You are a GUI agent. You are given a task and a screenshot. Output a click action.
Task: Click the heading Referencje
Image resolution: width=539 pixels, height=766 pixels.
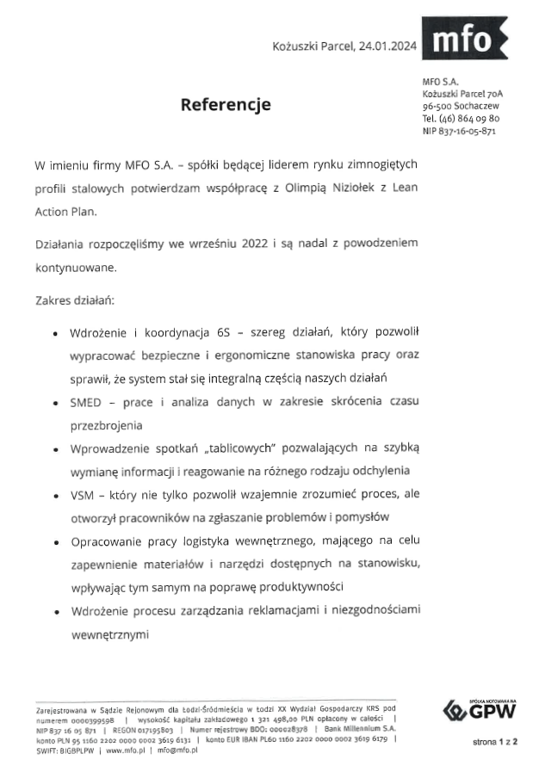pyautogui.click(x=225, y=105)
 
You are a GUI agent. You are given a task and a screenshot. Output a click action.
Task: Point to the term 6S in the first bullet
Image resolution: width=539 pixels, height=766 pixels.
pyautogui.click(x=225, y=330)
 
